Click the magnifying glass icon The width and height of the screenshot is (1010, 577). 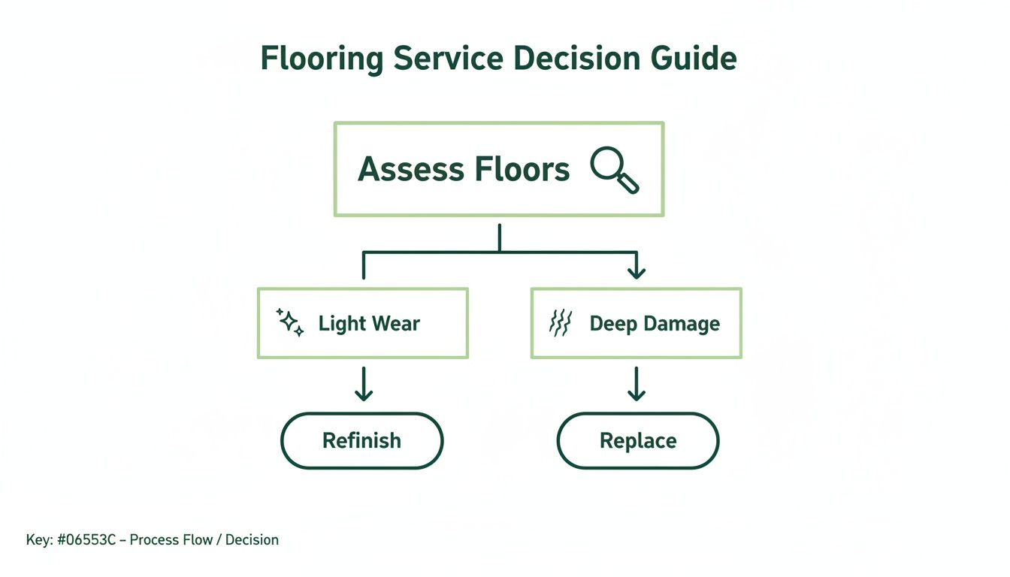tap(614, 170)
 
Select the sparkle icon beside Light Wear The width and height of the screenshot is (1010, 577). tap(290, 322)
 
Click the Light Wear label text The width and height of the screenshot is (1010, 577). tap(369, 324)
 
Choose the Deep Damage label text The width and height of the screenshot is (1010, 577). tap(655, 324)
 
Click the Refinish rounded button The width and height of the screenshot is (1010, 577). tap(361, 440)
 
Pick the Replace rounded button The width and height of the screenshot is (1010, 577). tap(637, 440)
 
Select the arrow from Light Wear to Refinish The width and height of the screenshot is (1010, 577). tap(364, 384)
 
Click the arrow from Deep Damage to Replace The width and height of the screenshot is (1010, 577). tap(637, 384)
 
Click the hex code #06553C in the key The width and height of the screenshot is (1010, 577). tap(86, 539)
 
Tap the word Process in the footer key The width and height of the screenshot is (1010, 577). tap(156, 539)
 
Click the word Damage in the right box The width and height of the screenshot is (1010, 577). tap(683, 324)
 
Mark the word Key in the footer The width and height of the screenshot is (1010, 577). tap(38, 539)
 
